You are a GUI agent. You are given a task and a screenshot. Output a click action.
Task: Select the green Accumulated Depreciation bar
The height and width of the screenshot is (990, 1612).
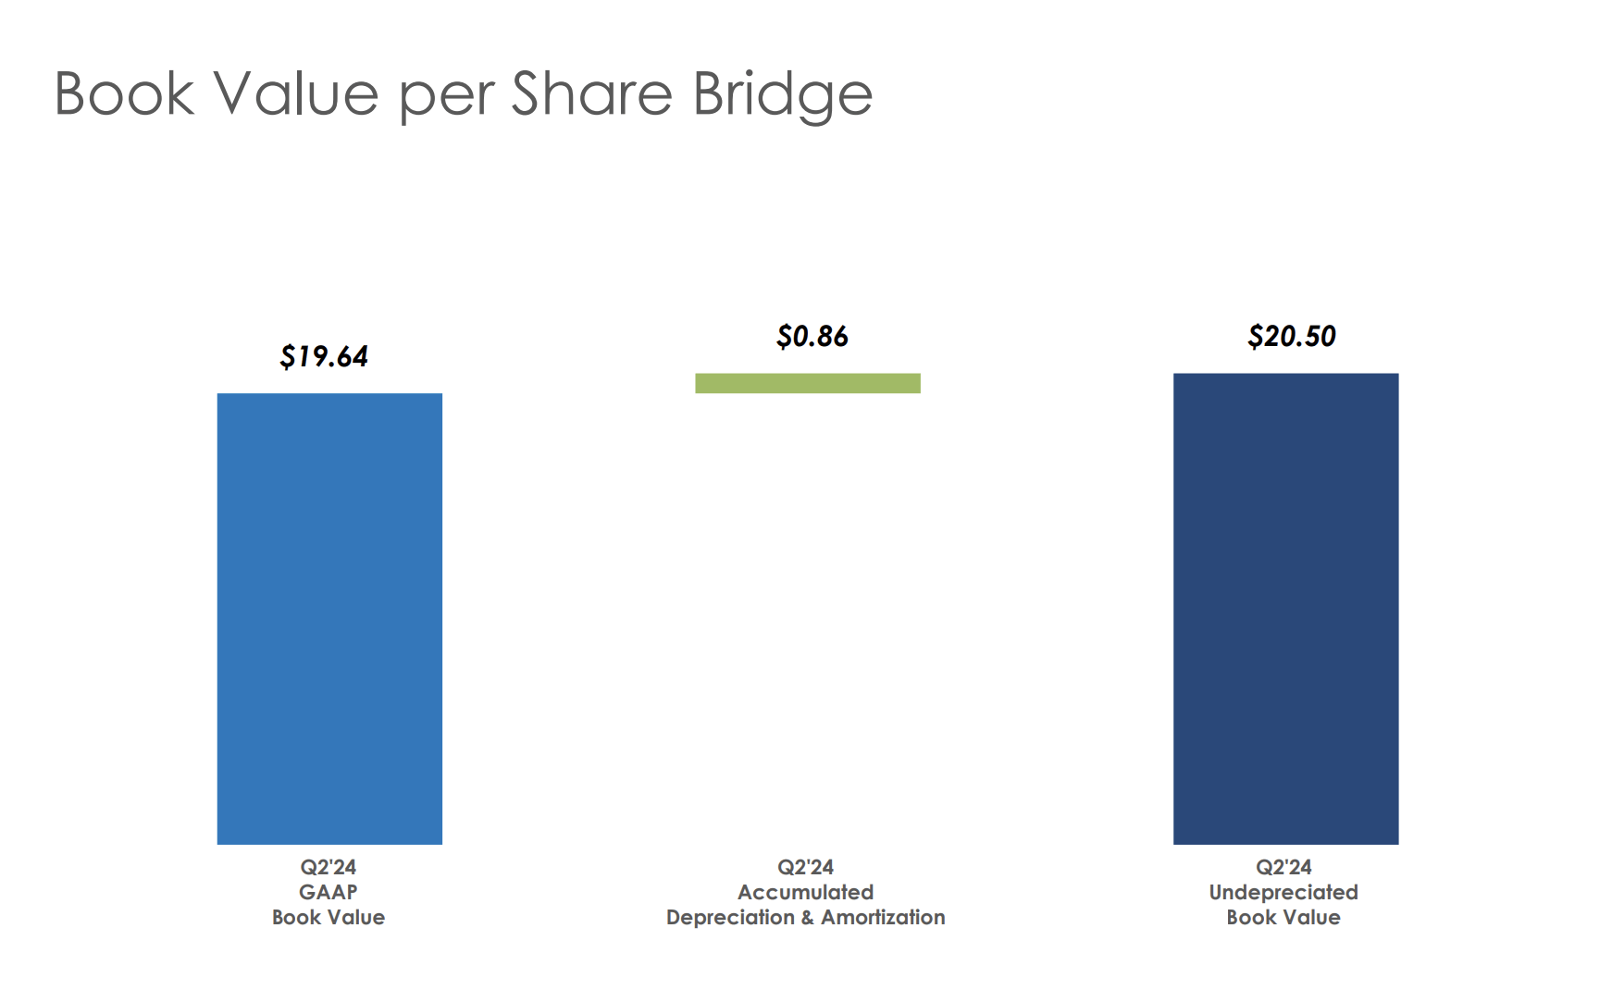(x=808, y=383)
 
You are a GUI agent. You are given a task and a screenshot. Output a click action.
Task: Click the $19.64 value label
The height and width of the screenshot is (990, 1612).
(x=324, y=356)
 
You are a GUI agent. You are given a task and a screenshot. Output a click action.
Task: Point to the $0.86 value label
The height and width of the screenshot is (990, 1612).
(x=812, y=336)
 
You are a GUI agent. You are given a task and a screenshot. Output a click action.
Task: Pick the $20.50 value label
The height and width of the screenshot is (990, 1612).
(x=1292, y=336)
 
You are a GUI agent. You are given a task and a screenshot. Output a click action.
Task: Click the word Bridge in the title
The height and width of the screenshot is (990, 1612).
(x=782, y=94)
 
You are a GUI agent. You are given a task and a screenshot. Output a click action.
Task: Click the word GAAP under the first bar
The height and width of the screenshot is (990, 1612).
(x=328, y=892)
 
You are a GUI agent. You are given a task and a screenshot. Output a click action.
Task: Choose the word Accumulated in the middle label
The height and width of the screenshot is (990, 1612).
(x=805, y=892)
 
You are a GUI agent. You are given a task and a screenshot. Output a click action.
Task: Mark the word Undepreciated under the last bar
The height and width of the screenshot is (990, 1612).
(x=1283, y=892)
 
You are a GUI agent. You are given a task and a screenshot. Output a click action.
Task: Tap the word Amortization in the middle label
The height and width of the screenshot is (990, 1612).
(x=883, y=917)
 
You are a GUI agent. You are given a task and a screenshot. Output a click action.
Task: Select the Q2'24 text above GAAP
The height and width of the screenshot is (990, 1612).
(x=328, y=867)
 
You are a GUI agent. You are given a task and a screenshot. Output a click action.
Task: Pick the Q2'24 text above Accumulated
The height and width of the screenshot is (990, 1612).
(x=805, y=867)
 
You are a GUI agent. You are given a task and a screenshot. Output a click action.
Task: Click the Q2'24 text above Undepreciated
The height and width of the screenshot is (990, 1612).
(x=1283, y=867)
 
